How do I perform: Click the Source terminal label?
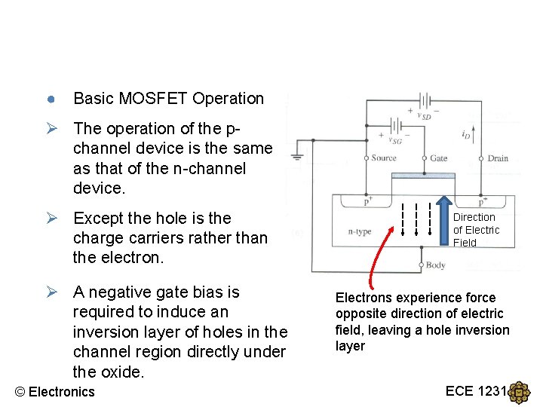pyautogui.click(x=384, y=158)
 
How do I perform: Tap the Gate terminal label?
pyautogui.click(x=438, y=158)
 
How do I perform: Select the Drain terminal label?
pyautogui.click(x=498, y=158)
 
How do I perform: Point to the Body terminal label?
pyautogui.click(x=436, y=265)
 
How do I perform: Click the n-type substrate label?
pyautogui.click(x=360, y=232)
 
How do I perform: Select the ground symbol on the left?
pyautogui.click(x=299, y=158)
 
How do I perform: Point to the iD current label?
pyautogui.click(x=467, y=134)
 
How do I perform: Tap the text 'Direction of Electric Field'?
pyautogui.click(x=475, y=230)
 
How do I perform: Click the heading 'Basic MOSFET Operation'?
pyautogui.click(x=168, y=99)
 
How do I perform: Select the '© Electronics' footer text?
pyautogui.click(x=55, y=391)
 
